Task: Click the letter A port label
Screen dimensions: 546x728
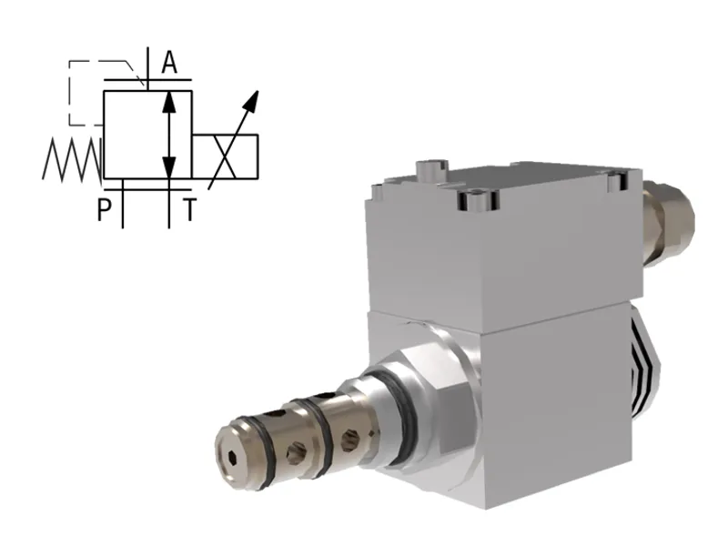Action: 169,63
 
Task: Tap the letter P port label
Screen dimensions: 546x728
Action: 105,210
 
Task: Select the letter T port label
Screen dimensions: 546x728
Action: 188,211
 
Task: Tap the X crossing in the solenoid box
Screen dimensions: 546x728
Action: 225,157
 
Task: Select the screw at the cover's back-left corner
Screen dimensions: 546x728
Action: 430,169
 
